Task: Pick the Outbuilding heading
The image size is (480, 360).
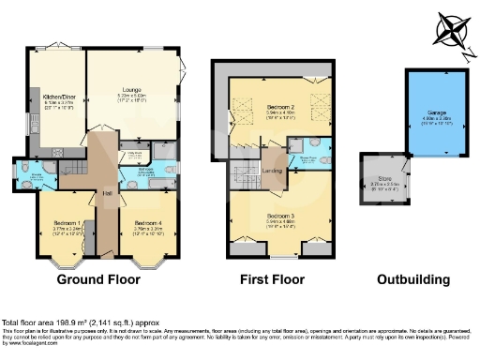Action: (412, 278)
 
